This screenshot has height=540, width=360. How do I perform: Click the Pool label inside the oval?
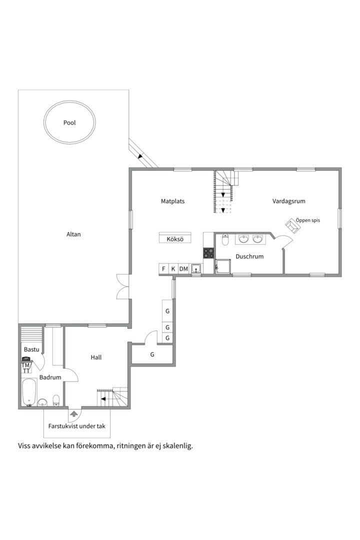pyautogui.click(x=69, y=122)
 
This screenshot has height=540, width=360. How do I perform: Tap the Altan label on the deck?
pyautogui.click(x=73, y=234)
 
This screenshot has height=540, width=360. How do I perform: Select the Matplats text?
pyautogui.click(x=172, y=201)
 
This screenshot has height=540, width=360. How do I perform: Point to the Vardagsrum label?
pyautogui.click(x=288, y=201)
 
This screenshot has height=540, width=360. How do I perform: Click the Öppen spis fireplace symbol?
pyautogui.click(x=293, y=225)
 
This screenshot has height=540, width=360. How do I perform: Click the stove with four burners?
pyautogui.click(x=208, y=253)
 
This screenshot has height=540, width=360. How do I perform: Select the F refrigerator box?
pyautogui.click(x=163, y=269)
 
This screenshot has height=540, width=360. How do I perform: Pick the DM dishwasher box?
pyautogui.click(x=183, y=269)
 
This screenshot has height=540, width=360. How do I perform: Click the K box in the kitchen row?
pyautogui.click(x=173, y=269)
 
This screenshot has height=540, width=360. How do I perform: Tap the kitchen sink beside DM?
pyautogui.click(x=196, y=268)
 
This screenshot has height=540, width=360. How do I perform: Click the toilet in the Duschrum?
pyautogui.click(x=225, y=239)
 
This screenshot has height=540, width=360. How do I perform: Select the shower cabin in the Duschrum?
pyautogui.click(x=223, y=266)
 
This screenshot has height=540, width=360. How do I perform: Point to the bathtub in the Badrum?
pyautogui.click(x=29, y=392)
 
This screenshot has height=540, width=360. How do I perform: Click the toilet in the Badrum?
pyautogui.click(x=56, y=400)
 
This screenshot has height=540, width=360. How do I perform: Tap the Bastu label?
pyautogui.click(x=31, y=349)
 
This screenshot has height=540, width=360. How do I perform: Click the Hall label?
pyautogui.click(x=96, y=357)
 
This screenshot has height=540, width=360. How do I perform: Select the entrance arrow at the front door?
pyautogui.click(x=73, y=413)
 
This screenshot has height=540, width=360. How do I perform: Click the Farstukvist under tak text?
pyautogui.click(x=77, y=426)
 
